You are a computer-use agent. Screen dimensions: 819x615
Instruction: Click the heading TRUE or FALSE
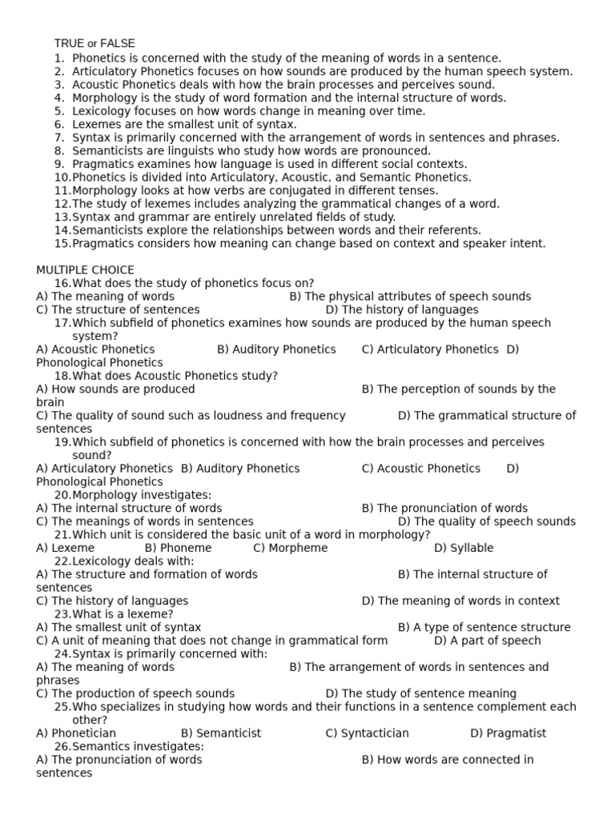click(x=94, y=43)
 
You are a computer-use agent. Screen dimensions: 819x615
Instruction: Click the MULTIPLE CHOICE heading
click(x=85, y=270)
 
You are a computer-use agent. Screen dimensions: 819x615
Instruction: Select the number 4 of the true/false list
click(x=59, y=98)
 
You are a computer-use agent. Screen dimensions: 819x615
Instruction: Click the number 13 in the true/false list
click(x=62, y=217)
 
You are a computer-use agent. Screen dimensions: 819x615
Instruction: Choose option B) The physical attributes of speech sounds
click(x=410, y=296)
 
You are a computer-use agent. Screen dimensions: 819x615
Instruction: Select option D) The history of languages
click(x=402, y=310)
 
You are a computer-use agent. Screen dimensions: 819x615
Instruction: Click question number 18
click(x=62, y=375)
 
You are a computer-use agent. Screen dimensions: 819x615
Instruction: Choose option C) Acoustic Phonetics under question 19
click(x=420, y=468)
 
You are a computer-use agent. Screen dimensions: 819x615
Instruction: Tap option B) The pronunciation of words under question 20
click(x=444, y=508)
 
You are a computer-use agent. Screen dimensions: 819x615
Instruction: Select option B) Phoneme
click(x=178, y=548)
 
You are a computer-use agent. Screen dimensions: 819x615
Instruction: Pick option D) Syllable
click(x=464, y=548)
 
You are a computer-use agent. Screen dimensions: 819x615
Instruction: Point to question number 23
click(x=62, y=614)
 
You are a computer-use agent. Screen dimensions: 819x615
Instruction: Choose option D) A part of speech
click(x=487, y=641)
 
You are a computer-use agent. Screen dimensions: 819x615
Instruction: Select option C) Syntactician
click(x=367, y=733)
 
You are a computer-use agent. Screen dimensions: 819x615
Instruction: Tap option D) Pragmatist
click(x=508, y=733)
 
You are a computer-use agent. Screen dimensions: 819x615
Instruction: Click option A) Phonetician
click(x=76, y=733)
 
